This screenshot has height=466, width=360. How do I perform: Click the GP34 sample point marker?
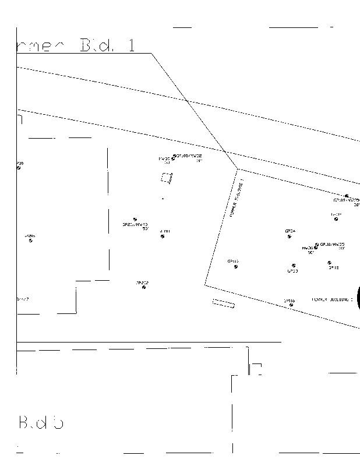[289, 236]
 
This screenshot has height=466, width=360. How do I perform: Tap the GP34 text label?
[290, 231]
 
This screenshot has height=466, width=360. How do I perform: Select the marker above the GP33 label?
[293, 266]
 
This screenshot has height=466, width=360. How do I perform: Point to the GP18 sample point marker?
[329, 263]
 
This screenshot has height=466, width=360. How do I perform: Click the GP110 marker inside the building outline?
[235, 267]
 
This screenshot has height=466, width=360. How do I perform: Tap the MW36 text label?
[308, 248]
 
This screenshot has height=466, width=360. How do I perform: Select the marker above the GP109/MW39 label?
[346, 196]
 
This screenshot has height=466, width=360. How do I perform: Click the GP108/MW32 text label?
[189, 156]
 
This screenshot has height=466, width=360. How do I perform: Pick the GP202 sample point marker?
[144, 287]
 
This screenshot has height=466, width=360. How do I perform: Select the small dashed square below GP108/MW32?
[167, 178]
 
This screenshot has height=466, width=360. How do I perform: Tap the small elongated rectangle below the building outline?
[223, 303]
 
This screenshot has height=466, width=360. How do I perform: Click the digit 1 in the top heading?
[132, 45]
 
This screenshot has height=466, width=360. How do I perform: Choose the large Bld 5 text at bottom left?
[41, 422]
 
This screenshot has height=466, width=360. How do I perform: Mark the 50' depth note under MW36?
[311, 253]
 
